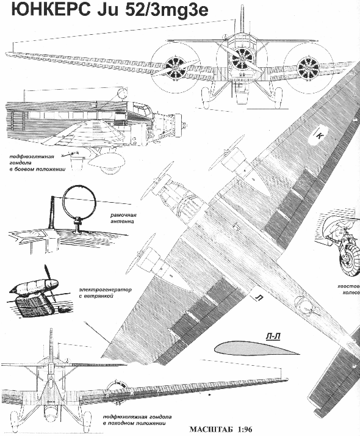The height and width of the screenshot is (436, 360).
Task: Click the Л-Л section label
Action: [x=273, y=336]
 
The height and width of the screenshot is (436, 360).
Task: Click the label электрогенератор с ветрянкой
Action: [x=106, y=292]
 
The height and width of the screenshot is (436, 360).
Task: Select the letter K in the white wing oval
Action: [x=320, y=136]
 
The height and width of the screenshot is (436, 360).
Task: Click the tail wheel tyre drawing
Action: [x=349, y=262]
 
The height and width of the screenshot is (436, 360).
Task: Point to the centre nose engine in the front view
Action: [x=239, y=59]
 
